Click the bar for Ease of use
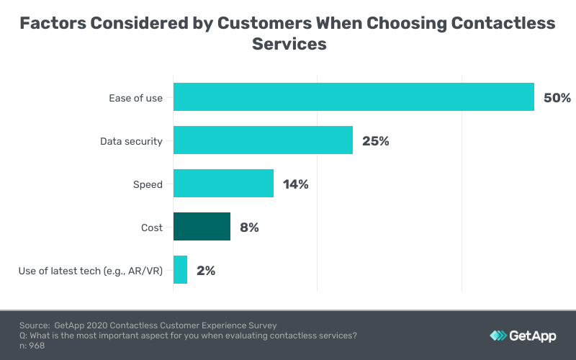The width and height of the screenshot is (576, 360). [x=354, y=97]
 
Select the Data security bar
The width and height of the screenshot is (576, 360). [x=263, y=140]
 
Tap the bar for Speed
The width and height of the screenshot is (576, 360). [x=223, y=184]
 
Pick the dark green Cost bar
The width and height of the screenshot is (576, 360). [x=202, y=227]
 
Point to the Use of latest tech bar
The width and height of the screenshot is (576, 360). [x=180, y=270]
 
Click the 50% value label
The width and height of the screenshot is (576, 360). [x=557, y=98]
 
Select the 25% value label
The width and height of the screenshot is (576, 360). [x=375, y=141]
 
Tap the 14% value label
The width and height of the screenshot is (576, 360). [x=295, y=184]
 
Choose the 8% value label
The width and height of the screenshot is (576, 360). [x=249, y=228]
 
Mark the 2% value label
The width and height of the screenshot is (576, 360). [x=206, y=271]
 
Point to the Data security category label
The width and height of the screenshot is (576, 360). [x=131, y=141]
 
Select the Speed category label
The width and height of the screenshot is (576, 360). [x=148, y=184]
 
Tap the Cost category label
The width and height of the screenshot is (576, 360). [x=151, y=228]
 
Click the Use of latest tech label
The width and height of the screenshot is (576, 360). [x=91, y=271]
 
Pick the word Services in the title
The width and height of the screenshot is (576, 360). [x=289, y=43]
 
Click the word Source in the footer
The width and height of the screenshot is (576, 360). [x=34, y=325]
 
